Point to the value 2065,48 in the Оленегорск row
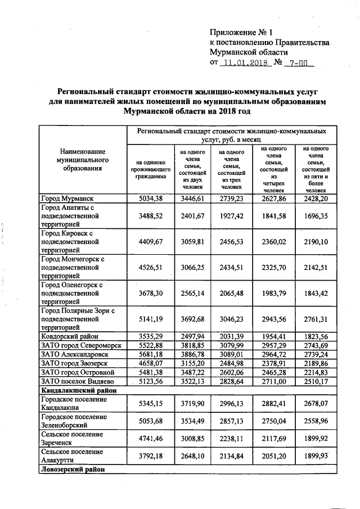232,294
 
